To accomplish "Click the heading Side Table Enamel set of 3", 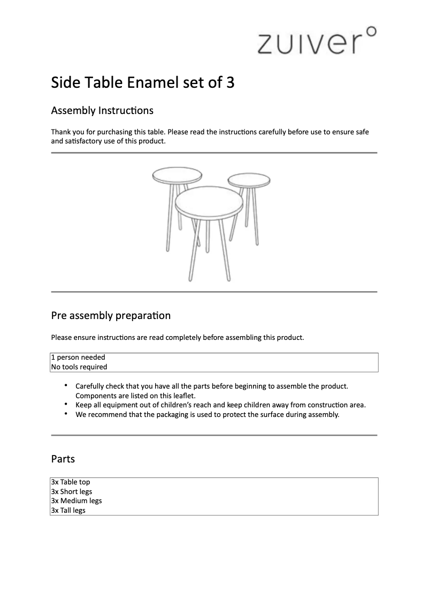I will (x=142, y=83).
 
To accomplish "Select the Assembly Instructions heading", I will (x=102, y=111).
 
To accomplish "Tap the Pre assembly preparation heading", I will (x=111, y=315).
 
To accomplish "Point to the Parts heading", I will (x=63, y=459).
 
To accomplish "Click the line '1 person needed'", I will (x=78, y=358).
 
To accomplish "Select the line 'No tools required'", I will (x=79, y=367).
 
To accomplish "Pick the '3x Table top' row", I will (x=71, y=482).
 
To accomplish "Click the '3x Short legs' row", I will (x=72, y=491).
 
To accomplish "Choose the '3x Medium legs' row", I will (x=76, y=501).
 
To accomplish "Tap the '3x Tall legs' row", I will (x=68, y=511).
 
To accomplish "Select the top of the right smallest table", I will (x=248, y=180).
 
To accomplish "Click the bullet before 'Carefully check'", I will (x=66, y=385).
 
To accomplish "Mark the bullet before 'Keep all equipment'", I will (x=66, y=405).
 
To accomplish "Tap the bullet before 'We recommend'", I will (x=66, y=414).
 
